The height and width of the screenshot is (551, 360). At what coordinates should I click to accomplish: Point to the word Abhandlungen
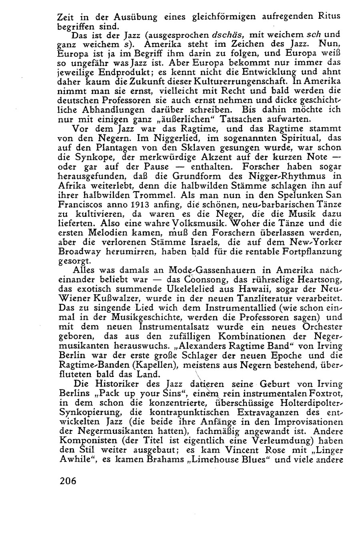coord(108,109)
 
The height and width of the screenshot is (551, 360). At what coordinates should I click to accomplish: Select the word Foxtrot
coord(322,394)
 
